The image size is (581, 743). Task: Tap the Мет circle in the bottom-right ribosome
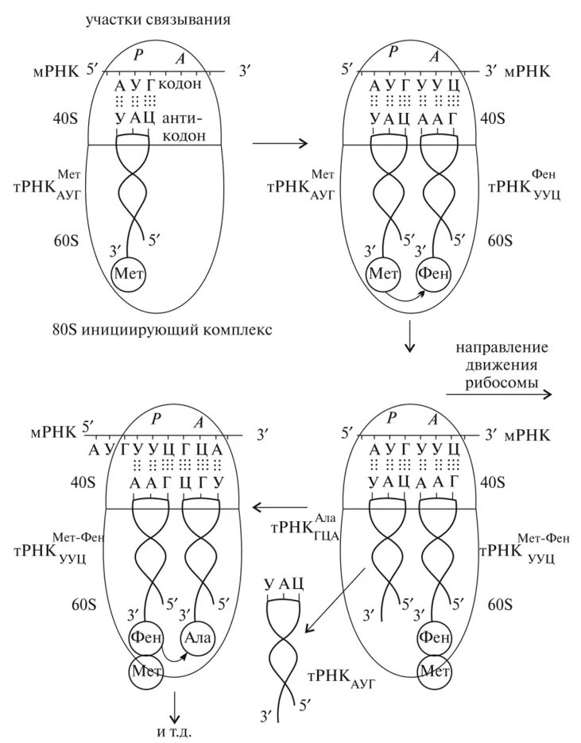(x=434, y=670)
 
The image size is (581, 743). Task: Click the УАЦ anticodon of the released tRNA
(x=286, y=586)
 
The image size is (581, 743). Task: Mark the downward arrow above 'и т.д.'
(x=174, y=706)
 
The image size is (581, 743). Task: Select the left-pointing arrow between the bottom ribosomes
(x=279, y=505)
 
